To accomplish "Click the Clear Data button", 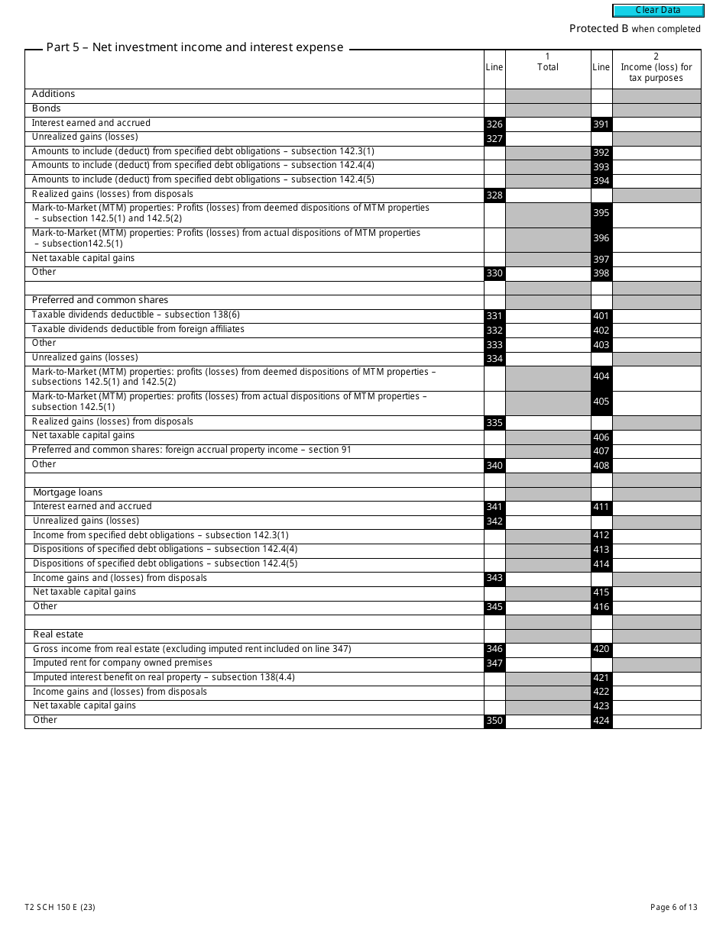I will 658,11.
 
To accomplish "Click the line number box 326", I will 494,124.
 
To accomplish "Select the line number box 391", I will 601,124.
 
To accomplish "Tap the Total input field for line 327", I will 548,138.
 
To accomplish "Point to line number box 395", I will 601,215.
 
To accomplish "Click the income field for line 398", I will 656,273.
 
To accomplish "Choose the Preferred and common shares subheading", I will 100,300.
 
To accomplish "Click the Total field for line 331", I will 548,316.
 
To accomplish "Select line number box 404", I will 601,378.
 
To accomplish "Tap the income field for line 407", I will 656,450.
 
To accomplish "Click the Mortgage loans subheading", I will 67,492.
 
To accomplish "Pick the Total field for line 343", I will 548,579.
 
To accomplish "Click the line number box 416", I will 601,607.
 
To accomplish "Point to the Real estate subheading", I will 58,634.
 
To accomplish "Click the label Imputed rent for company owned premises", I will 122,663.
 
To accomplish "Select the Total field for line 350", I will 548,721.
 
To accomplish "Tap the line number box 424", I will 601,721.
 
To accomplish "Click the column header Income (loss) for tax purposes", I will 656,73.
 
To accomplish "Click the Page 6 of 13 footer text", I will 673,907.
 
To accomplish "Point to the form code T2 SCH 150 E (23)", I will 60,907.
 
